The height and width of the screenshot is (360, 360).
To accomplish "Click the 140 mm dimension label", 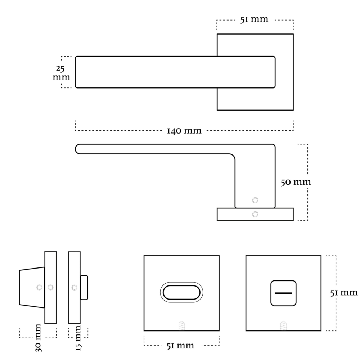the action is tap(184, 131).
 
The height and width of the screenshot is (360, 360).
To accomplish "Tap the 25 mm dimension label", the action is tap(61, 73).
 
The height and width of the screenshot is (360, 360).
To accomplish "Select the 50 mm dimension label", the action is tap(296, 182).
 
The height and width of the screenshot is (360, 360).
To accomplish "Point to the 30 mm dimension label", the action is tap(39, 338).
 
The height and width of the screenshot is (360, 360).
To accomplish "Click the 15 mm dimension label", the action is tap(78, 338).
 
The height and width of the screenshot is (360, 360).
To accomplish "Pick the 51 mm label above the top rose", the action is tap(254, 19).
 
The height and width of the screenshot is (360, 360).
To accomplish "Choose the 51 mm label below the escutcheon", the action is tap(180, 346).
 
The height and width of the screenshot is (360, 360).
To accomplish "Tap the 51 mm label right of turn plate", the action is tap(344, 293).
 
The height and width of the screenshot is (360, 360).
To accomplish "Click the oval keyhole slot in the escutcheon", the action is tap(181, 292).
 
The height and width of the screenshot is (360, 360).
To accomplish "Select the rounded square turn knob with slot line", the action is tap(283, 293).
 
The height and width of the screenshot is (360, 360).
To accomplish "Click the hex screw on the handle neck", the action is tap(255, 200).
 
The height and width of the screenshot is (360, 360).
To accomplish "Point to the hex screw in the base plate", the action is tap(255, 215).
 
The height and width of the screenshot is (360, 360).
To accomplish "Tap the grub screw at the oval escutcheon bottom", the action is tap(181, 326).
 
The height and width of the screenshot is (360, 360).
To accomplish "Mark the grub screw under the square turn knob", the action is tap(283, 326).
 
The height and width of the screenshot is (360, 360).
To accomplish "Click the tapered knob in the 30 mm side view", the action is tap(32, 287).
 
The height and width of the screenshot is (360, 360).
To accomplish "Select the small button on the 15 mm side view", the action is tap(84, 287).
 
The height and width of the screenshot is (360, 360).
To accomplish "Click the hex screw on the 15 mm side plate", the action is tap(75, 287).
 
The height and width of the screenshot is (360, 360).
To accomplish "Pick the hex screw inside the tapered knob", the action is tap(39, 287).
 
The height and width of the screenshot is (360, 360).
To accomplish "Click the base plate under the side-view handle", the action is tap(255, 214).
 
